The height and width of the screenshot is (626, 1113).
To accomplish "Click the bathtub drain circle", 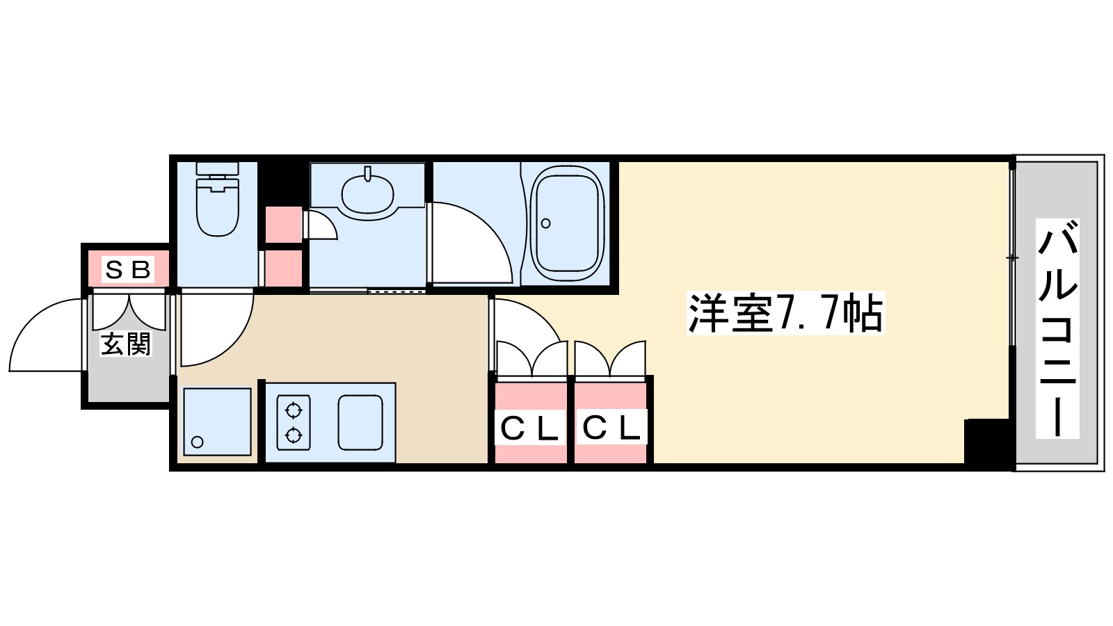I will coord(546,223).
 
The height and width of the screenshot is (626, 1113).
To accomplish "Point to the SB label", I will coord(128,268).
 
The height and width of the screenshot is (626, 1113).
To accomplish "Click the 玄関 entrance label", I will coord(126,345).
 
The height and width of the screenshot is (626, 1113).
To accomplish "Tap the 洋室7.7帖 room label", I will coord(785,314).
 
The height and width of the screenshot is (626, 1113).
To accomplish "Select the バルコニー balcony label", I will coord(1057,328).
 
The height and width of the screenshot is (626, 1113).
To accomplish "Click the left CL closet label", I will coord(530,429).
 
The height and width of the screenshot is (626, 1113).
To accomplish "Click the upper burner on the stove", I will coord(293,408).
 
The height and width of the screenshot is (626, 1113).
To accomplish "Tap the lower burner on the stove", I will coord(293,436).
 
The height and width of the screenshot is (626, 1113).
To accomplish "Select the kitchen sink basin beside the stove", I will coord(360,422).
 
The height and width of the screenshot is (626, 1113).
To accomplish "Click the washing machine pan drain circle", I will coord(198,442).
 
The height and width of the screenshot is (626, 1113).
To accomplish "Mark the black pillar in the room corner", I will coord(986,442).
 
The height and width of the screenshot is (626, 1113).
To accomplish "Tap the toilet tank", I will coord(218,168).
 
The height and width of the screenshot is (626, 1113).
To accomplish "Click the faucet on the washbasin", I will coord(367,174).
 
